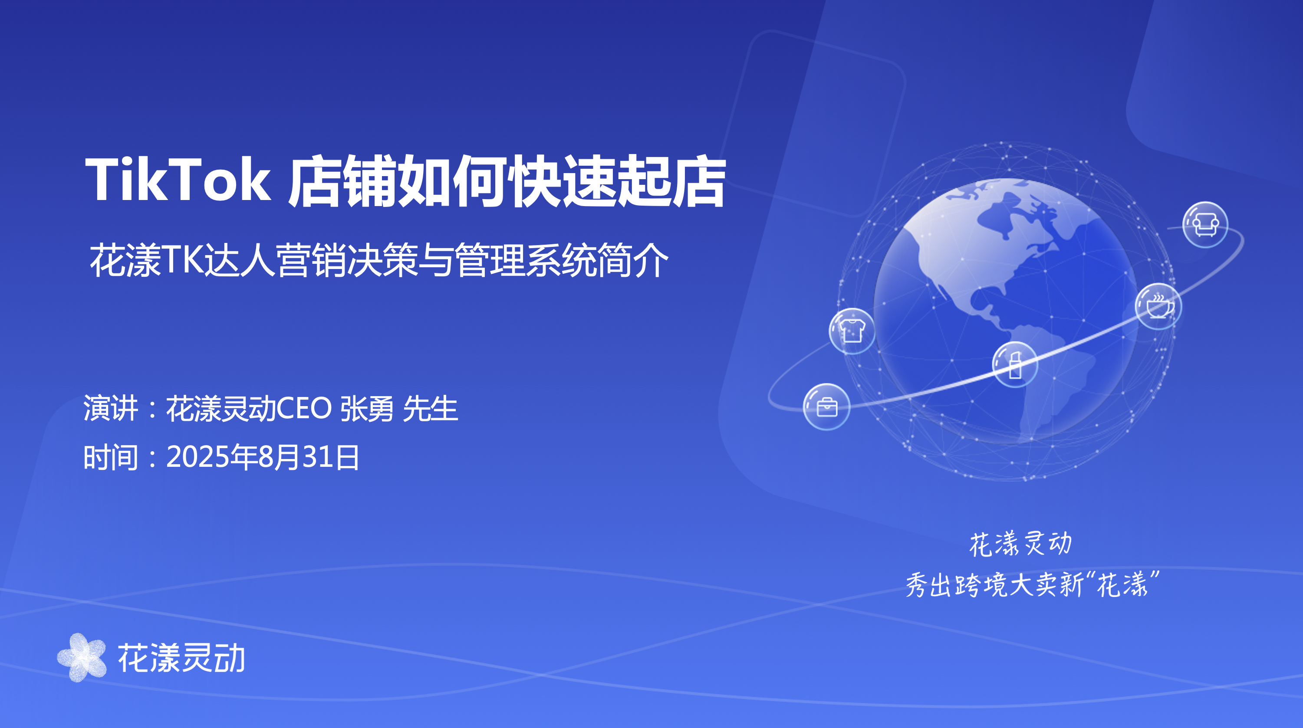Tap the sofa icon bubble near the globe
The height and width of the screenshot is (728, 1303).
[1205, 224]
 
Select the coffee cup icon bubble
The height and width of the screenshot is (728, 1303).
[1158, 306]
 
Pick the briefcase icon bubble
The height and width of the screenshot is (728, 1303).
[826, 407]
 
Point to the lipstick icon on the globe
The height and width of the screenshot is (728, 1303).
[1015, 364]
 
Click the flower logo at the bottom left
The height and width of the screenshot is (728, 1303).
[82, 657]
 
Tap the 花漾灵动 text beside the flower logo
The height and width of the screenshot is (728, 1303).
[181, 658]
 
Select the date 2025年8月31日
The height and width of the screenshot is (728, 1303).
[263, 457]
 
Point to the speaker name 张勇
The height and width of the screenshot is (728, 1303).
[367, 409]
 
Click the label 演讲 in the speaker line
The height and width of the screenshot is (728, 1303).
[111, 409]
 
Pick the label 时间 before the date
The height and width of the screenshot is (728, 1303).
[111, 457]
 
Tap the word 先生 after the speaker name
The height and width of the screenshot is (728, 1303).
[431, 409]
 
